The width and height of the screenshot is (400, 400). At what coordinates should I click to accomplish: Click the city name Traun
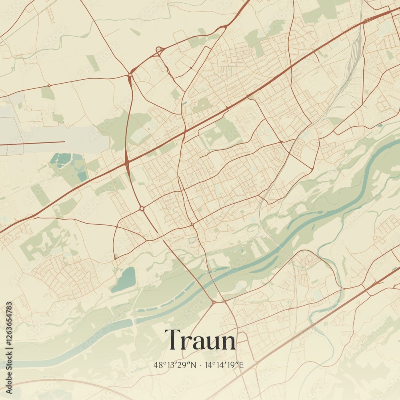click(200, 340)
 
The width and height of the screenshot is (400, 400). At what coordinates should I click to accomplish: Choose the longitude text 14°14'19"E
click(224, 365)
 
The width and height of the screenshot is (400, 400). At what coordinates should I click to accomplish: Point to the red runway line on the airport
click(32, 142)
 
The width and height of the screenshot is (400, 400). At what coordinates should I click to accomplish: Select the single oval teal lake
click(124, 279)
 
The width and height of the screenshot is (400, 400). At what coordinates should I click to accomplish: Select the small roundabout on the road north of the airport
click(49, 85)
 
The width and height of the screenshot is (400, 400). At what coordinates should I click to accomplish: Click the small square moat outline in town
click(192, 240)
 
